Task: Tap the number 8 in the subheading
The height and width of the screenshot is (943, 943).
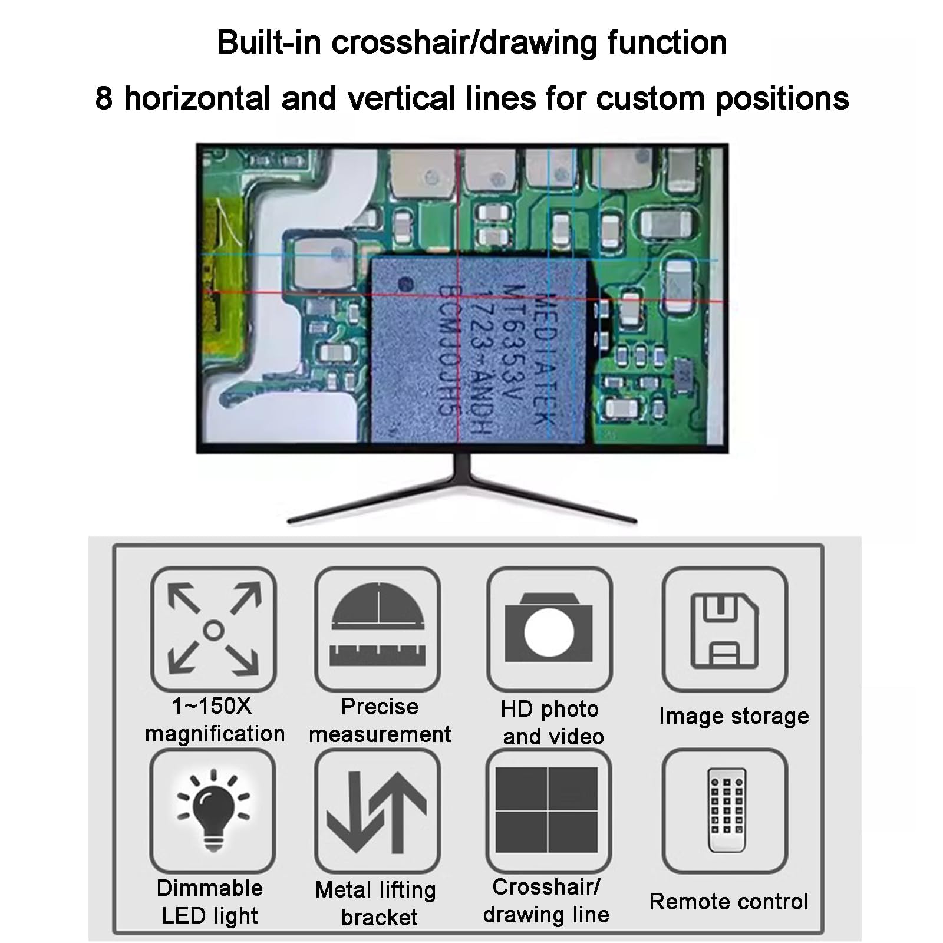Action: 104,98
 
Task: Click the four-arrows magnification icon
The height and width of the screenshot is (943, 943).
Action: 213,629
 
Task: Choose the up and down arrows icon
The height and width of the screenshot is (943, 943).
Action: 377,810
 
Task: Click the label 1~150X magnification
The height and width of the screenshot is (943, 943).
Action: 215,720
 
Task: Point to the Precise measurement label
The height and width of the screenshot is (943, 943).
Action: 380,720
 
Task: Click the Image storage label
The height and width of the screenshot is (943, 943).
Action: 734,716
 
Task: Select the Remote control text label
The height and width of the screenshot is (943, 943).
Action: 729,901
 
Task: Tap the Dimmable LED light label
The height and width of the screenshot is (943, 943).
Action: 210,902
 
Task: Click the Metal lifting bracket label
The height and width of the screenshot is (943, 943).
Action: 376,904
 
